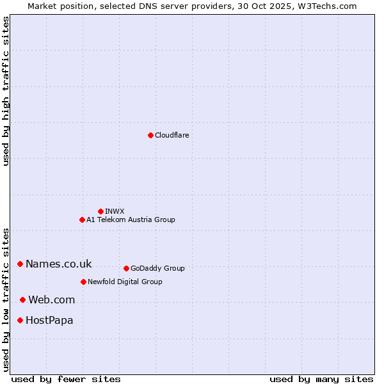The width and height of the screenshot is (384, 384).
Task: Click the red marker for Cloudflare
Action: [150, 135]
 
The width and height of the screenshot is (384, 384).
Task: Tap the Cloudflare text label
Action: [172, 136]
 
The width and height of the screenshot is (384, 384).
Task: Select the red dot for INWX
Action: [100, 211]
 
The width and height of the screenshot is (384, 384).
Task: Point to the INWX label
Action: [115, 211]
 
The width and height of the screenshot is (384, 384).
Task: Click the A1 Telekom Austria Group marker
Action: [82, 220]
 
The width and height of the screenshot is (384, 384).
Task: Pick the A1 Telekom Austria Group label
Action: [131, 220]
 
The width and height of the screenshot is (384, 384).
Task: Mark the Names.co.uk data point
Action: [20, 264]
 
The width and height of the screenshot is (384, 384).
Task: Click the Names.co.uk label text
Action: [58, 264]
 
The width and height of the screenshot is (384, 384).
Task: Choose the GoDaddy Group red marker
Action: [126, 268]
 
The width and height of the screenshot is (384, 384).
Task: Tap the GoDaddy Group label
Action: [157, 269]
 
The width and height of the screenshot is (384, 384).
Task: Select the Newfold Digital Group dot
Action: [83, 282]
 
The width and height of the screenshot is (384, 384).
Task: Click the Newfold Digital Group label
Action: [125, 282]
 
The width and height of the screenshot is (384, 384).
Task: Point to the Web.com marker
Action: [22, 300]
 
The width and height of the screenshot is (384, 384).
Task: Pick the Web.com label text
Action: [51, 300]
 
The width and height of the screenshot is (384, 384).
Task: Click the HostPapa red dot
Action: [20, 320]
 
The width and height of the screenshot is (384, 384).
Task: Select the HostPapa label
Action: [49, 321]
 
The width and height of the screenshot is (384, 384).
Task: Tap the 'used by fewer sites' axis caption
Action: [66, 379]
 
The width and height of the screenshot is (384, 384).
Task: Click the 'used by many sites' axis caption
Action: [321, 379]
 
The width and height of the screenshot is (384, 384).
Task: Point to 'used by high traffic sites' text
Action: [6, 91]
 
